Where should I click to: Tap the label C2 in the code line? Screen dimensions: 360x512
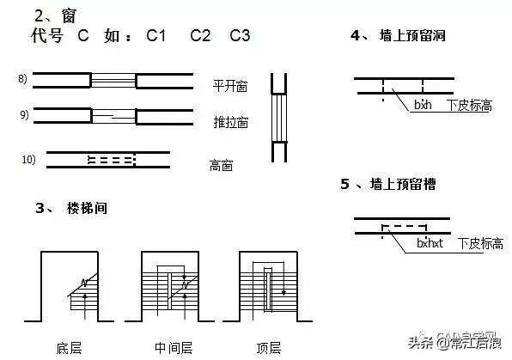[x=200, y=36]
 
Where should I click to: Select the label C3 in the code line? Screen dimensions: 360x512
[x=240, y=36]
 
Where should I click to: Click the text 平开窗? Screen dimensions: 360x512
[x=230, y=86]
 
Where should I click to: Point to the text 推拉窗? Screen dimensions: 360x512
[x=230, y=122]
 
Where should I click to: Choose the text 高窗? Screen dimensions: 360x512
[x=222, y=165]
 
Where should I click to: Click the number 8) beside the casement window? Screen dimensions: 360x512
[x=23, y=79]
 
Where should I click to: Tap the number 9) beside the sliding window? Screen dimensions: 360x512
[x=23, y=114]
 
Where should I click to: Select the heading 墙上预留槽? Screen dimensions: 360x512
[x=408, y=183]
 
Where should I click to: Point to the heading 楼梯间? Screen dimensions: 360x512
[x=87, y=209]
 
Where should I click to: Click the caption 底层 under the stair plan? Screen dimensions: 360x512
[x=68, y=348]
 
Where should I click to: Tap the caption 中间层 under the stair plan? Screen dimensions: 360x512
[x=173, y=348]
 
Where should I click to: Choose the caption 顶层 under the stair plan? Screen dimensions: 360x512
[x=268, y=348]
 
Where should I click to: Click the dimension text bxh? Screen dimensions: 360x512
[x=424, y=105]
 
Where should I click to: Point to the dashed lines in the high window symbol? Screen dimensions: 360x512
[x=111, y=159]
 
